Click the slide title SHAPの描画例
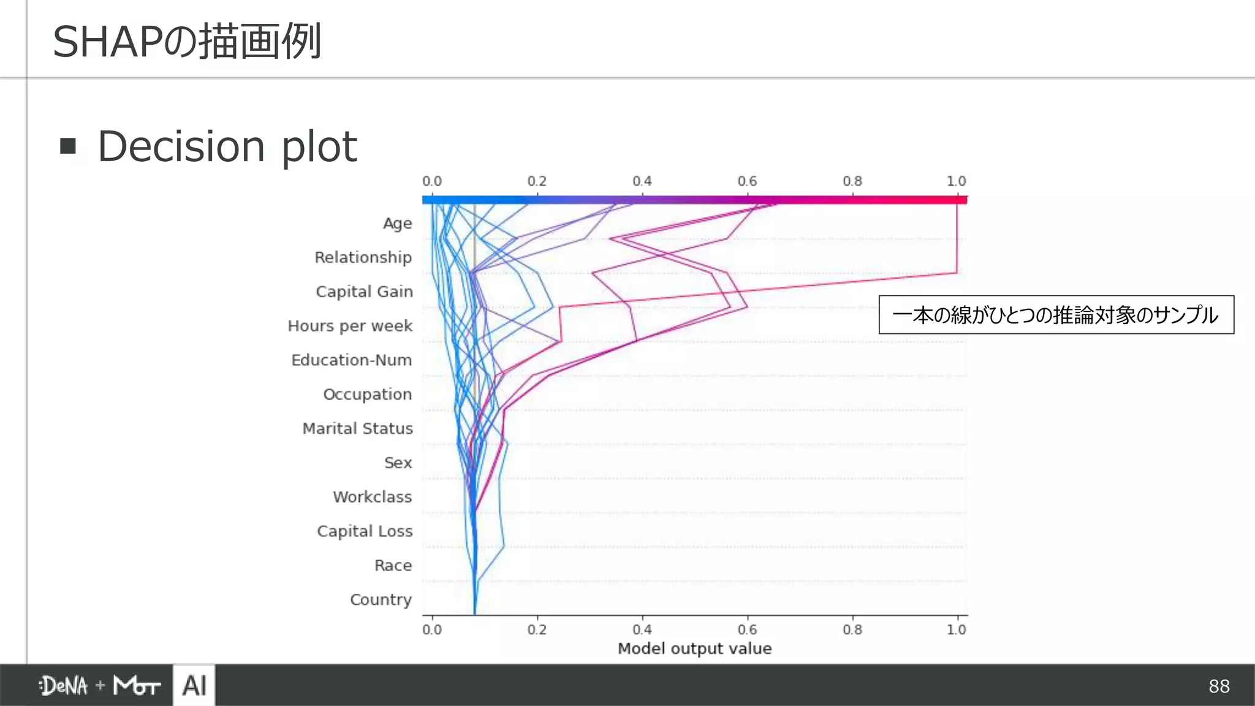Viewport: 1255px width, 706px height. click(x=187, y=42)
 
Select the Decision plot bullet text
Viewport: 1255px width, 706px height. click(x=227, y=147)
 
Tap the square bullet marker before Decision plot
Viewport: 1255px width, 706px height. click(x=68, y=146)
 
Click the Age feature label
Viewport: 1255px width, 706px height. click(x=397, y=223)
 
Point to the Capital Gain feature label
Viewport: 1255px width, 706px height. click(x=364, y=292)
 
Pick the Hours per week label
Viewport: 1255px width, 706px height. click(x=350, y=326)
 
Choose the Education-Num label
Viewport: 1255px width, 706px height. click(x=351, y=360)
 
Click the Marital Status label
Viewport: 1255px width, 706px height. click(x=357, y=428)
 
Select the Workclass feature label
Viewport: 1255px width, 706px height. click(x=372, y=497)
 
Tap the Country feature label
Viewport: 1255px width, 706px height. click(x=381, y=599)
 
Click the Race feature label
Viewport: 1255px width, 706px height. click(x=393, y=565)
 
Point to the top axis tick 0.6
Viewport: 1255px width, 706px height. click(x=747, y=181)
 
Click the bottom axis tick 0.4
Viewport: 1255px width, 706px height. click(x=642, y=629)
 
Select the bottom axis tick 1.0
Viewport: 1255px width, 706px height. click(x=956, y=629)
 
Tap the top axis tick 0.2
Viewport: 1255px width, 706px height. click(x=537, y=181)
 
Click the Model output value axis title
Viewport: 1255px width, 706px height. click(x=694, y=648)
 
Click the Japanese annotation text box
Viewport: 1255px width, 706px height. click(x=1056, y=315)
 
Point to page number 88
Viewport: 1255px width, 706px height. click(x=1219, y=686)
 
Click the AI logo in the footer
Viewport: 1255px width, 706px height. click(x=194, y=685)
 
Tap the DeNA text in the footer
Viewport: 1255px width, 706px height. click(x=64, y=686)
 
